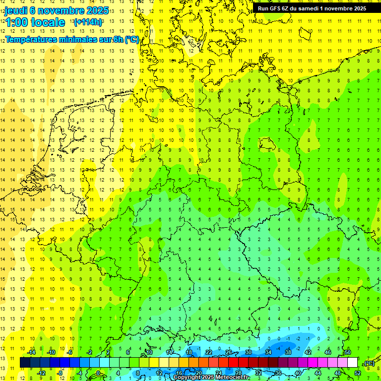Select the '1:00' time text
click(16, 22)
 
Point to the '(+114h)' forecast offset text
click(88, 22)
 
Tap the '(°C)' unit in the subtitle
click(131, 40)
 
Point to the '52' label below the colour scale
click(357, 373)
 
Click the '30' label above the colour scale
click(249, 352)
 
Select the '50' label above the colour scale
click(347, 352)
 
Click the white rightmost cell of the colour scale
click(352, 363)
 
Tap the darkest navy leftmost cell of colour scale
click(25, 363)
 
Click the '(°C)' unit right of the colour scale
click(369, 363)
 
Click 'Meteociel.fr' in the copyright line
click(233, 378)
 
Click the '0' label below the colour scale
click(98, 373)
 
